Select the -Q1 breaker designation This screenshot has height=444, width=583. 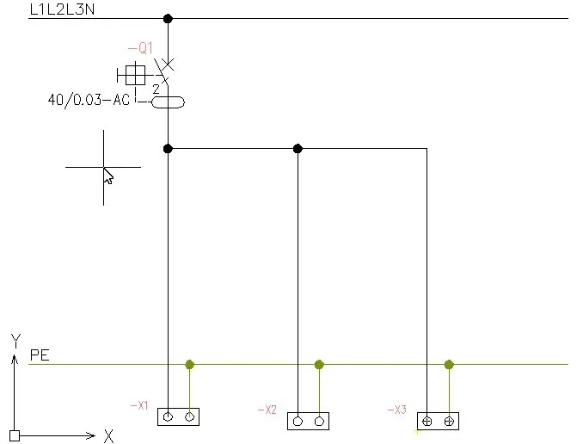(x=139, y=49)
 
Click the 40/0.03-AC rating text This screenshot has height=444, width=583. (x=89, y=100)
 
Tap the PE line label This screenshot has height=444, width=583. (x=40, y=355)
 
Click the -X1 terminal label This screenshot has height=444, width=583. (x=139, y=404)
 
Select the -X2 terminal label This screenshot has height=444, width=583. (x=267, y=410)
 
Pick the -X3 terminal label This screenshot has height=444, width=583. (x=396, y=410)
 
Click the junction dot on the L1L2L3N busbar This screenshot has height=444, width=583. (x=168, y=18)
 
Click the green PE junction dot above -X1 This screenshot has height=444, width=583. (x=190, y=365)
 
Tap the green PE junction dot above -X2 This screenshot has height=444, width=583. (x=319, y=365)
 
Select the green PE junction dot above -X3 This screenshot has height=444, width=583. (x=449, y=365)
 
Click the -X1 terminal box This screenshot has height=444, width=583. (x=179, y=416)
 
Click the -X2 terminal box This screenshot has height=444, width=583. (x=308, y=421)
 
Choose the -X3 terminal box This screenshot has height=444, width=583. (x=438, y=421)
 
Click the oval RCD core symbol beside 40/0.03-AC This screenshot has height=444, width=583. (x=168, y=102)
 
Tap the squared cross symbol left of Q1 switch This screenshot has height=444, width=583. (x=135, y=74)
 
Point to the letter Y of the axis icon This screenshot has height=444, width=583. (x=15, y=340)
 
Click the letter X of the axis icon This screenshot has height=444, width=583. (x=108, y=436)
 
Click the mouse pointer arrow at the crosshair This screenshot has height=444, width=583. (x=108, y=176)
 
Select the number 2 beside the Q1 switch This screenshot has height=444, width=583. (x=156, y=89)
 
